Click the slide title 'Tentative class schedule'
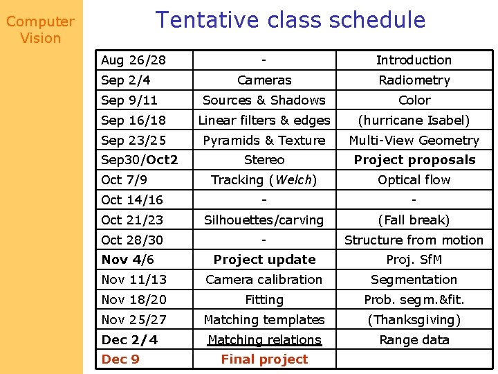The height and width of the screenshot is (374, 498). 290,20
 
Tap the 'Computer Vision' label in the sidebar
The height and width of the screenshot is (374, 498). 40,30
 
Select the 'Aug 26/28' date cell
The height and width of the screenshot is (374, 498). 133,60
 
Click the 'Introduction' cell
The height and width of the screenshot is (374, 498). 414,60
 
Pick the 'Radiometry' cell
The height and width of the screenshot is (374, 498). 414,80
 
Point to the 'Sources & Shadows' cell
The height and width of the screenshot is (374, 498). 264,100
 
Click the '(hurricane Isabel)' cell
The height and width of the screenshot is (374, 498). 414,121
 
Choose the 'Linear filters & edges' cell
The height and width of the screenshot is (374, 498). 264,121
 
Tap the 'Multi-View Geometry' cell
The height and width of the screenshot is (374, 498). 414,141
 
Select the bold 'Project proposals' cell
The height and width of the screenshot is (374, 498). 414,160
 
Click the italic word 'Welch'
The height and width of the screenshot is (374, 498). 295,180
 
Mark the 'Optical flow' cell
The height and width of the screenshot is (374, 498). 414,180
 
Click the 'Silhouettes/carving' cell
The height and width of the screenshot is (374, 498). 264,220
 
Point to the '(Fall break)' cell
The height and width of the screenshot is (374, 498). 414,220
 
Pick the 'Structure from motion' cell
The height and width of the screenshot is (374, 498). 414,240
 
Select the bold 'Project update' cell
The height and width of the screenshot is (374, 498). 264,260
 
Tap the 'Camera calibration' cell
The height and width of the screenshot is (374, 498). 264,280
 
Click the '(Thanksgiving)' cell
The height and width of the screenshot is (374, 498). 414,320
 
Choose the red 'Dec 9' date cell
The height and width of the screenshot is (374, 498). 120,359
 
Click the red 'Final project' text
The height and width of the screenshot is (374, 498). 264,359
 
